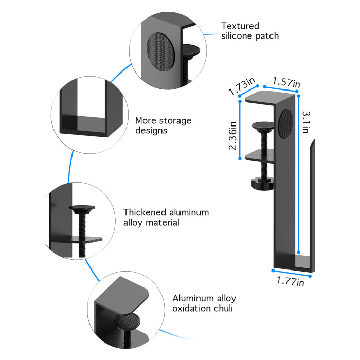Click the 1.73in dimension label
tap(242, 86)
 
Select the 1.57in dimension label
tap(287, 82)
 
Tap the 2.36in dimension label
tap(233, 135)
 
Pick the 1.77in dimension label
tap(290, 281)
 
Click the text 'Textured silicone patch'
tap(250, 31)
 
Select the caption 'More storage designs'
tap(163, 125)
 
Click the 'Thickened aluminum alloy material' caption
tap(166, 218)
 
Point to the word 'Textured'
tap(240, 26)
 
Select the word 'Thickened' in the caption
tap(144, 212)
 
